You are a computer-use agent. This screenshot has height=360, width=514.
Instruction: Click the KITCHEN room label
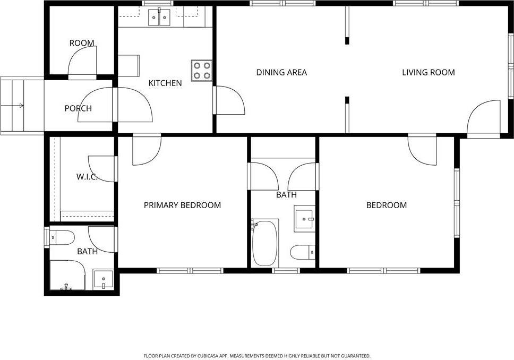point(165,83)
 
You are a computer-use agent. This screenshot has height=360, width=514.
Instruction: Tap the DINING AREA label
point(281,72)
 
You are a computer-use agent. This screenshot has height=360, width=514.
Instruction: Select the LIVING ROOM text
point(429,72)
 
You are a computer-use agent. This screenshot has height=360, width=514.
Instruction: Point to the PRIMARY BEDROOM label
point(182,205)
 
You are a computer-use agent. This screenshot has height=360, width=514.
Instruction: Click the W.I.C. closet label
point(87,177)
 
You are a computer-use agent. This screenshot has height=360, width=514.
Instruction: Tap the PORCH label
point(78,108)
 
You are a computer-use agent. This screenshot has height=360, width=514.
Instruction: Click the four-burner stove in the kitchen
point(202,71)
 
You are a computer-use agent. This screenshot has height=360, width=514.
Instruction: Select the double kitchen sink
point(159,18)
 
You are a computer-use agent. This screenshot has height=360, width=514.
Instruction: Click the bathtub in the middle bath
point(265,243)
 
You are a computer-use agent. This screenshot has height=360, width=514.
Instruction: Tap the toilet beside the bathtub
point(303,252)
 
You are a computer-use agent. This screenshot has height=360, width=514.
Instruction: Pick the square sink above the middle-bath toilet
point(305,219)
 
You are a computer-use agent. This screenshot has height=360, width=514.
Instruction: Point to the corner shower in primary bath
point(67,275)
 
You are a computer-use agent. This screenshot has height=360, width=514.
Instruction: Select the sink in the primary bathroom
point(103,279)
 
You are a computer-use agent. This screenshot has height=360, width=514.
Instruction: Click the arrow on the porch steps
point(12,106)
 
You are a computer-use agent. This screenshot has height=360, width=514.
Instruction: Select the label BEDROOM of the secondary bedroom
point(387,205)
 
